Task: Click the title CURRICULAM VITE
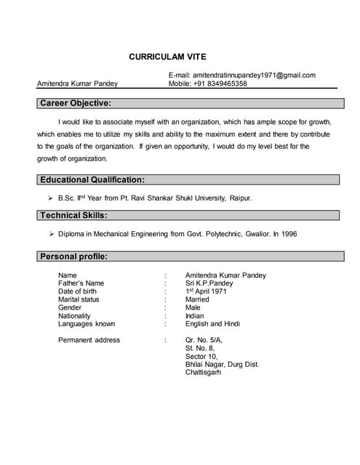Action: tap(167, 56)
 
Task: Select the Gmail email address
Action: tap(254, 75)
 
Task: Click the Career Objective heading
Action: tap(76, 103)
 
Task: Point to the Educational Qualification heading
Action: tap(92, 179)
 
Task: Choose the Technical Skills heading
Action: tap(73, 215)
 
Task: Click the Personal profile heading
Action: tap(74, 256)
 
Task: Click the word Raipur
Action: tap(241, 198)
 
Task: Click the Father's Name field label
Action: tap(81, 283)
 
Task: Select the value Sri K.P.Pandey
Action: tap(209, 283)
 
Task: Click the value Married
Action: tap(197, 299)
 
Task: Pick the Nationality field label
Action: tap(74, 316)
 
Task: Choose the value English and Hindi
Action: tap(212, 324)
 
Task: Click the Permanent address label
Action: tap(89, 340)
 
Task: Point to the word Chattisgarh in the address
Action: tap(203, 372)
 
